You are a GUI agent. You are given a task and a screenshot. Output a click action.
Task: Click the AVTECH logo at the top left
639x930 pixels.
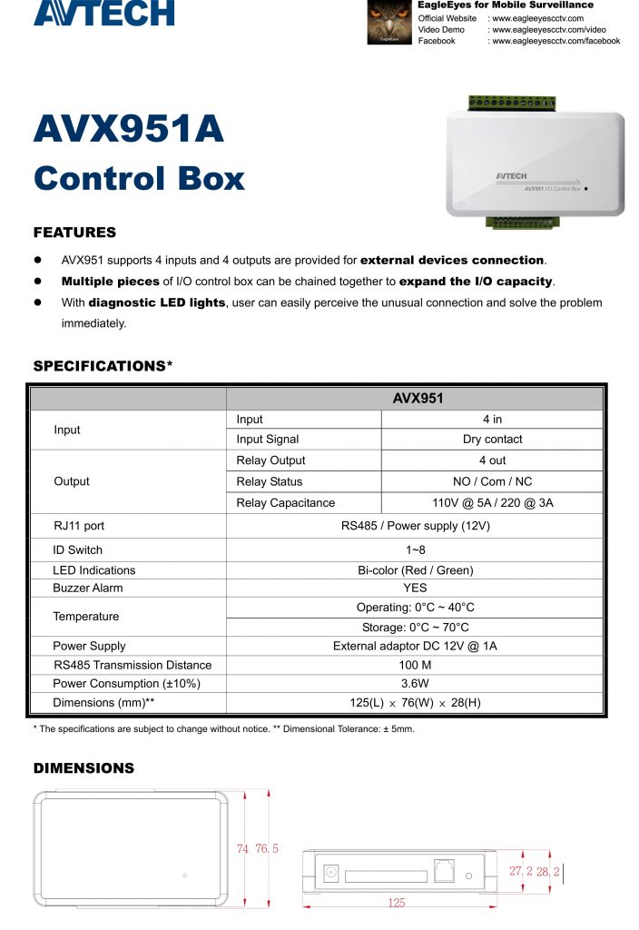103,14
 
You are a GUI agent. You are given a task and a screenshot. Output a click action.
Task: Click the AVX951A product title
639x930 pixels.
128,129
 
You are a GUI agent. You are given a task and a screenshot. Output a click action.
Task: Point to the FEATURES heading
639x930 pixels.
74,232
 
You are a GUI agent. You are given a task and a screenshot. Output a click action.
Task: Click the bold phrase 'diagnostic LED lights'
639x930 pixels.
156,302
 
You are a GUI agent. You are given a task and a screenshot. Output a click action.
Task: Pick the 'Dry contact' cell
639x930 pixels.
492,440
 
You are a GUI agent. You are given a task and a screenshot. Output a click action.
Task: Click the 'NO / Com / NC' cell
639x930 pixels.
492,481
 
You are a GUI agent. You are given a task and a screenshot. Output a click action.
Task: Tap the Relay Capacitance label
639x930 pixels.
285,503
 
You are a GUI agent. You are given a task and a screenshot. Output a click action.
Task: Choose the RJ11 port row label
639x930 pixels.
79,526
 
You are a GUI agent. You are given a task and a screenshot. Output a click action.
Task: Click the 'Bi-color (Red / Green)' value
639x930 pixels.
415,570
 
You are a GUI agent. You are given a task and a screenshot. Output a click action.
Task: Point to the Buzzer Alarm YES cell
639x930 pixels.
415,588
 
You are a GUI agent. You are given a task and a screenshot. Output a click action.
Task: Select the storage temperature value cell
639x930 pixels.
415,628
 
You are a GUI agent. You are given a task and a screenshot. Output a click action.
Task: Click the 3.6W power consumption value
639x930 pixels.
415,683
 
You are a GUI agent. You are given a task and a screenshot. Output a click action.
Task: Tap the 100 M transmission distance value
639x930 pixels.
415,665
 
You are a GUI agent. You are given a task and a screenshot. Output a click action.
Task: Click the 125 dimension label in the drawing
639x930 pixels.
396,903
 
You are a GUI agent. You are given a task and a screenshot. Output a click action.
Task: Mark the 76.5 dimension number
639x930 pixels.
267,849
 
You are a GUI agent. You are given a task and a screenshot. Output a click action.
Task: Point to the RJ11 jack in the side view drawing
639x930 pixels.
444,870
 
